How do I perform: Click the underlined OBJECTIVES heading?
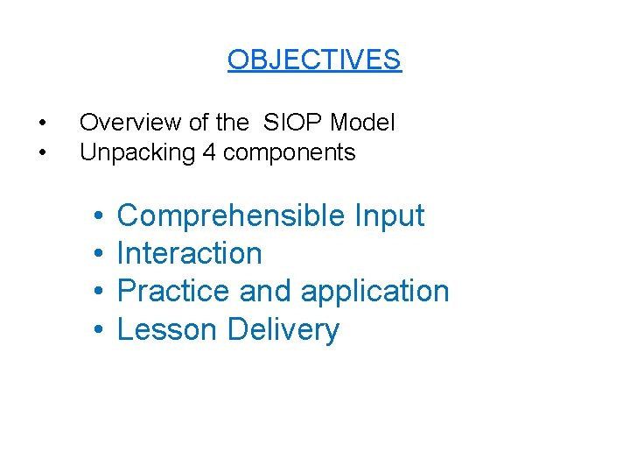314,60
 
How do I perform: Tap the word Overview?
118,123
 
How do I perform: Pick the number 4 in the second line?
208,152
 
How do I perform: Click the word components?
290,153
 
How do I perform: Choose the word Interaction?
189,253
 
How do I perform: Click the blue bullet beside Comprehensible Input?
100,215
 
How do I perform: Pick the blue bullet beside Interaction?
100,253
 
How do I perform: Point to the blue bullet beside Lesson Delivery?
100,329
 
